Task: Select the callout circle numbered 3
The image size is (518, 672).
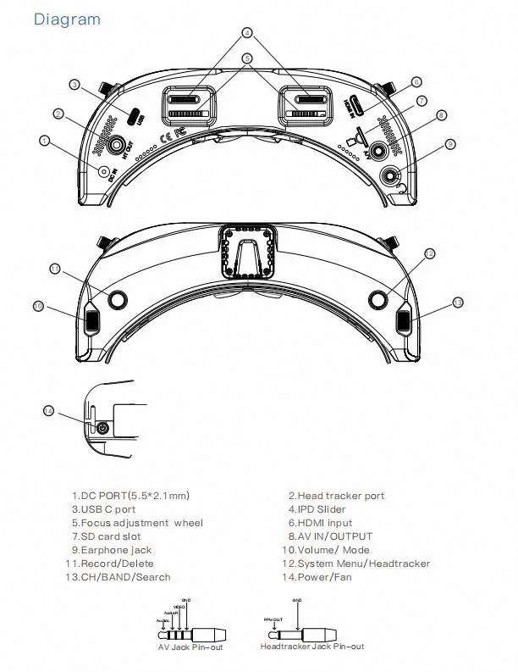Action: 74,84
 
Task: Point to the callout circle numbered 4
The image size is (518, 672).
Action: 247,33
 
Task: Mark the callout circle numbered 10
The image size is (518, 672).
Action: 38,305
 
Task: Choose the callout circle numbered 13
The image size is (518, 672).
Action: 458,302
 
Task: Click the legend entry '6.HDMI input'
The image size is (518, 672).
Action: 320,523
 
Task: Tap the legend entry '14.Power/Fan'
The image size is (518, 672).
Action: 317,577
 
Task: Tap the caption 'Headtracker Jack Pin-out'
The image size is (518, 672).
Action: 312,647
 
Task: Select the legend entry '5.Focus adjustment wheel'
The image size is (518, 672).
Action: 136,523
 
